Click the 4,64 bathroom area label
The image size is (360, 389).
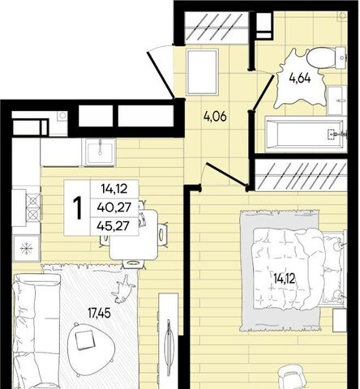click(300, 79)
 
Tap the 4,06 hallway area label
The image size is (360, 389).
click(215, 117)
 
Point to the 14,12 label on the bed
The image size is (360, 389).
click(284, 279)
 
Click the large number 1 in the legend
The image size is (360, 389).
click(78, 207)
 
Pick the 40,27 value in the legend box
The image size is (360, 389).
click(114, 207)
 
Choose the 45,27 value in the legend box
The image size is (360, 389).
click(114, 226)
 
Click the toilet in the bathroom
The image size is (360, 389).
click(327, 58)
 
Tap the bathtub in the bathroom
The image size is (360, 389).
click(306, 134)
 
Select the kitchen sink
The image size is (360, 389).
click(100, 152)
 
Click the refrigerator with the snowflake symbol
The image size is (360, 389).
click(26, 248)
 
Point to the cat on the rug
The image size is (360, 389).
click(123, 289)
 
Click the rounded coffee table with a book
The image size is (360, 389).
click(91, 348)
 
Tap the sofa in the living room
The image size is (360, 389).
click(36, 331)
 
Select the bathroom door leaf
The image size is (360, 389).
click(263, 92)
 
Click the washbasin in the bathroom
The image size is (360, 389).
click(336, 100)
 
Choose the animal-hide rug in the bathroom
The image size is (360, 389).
click(301, 79)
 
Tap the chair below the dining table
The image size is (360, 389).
click(133, 263)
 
